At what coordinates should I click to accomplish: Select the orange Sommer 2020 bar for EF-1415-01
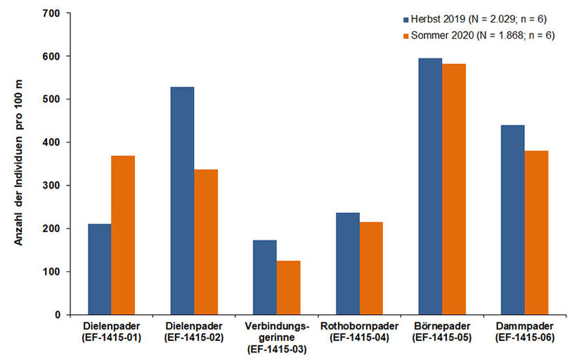(123, 236)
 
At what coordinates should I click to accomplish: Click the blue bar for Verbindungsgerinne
(265, 277)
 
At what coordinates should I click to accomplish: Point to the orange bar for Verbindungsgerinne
(288, 288)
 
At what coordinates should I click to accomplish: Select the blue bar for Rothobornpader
(347, 264)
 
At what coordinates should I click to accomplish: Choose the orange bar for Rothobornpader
(371, 268)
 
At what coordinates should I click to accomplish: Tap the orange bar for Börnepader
(453, 189)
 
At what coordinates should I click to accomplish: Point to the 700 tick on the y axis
(51, 13)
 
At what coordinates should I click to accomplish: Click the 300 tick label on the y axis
(51, 186)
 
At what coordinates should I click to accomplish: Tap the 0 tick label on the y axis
(57, 315)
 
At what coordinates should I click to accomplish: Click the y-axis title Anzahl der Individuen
(19, 164)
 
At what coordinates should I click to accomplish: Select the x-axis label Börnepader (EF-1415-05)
(441, 333)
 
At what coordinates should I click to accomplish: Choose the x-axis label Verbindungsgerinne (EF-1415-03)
(276, 337)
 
